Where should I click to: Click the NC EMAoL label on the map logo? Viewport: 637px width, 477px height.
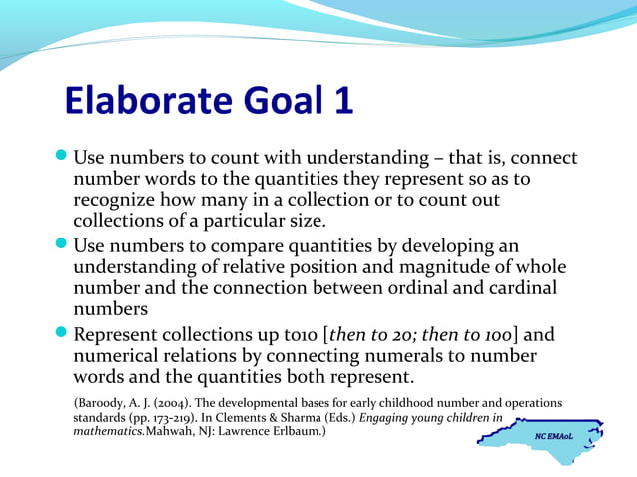click(x=554, y=436)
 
